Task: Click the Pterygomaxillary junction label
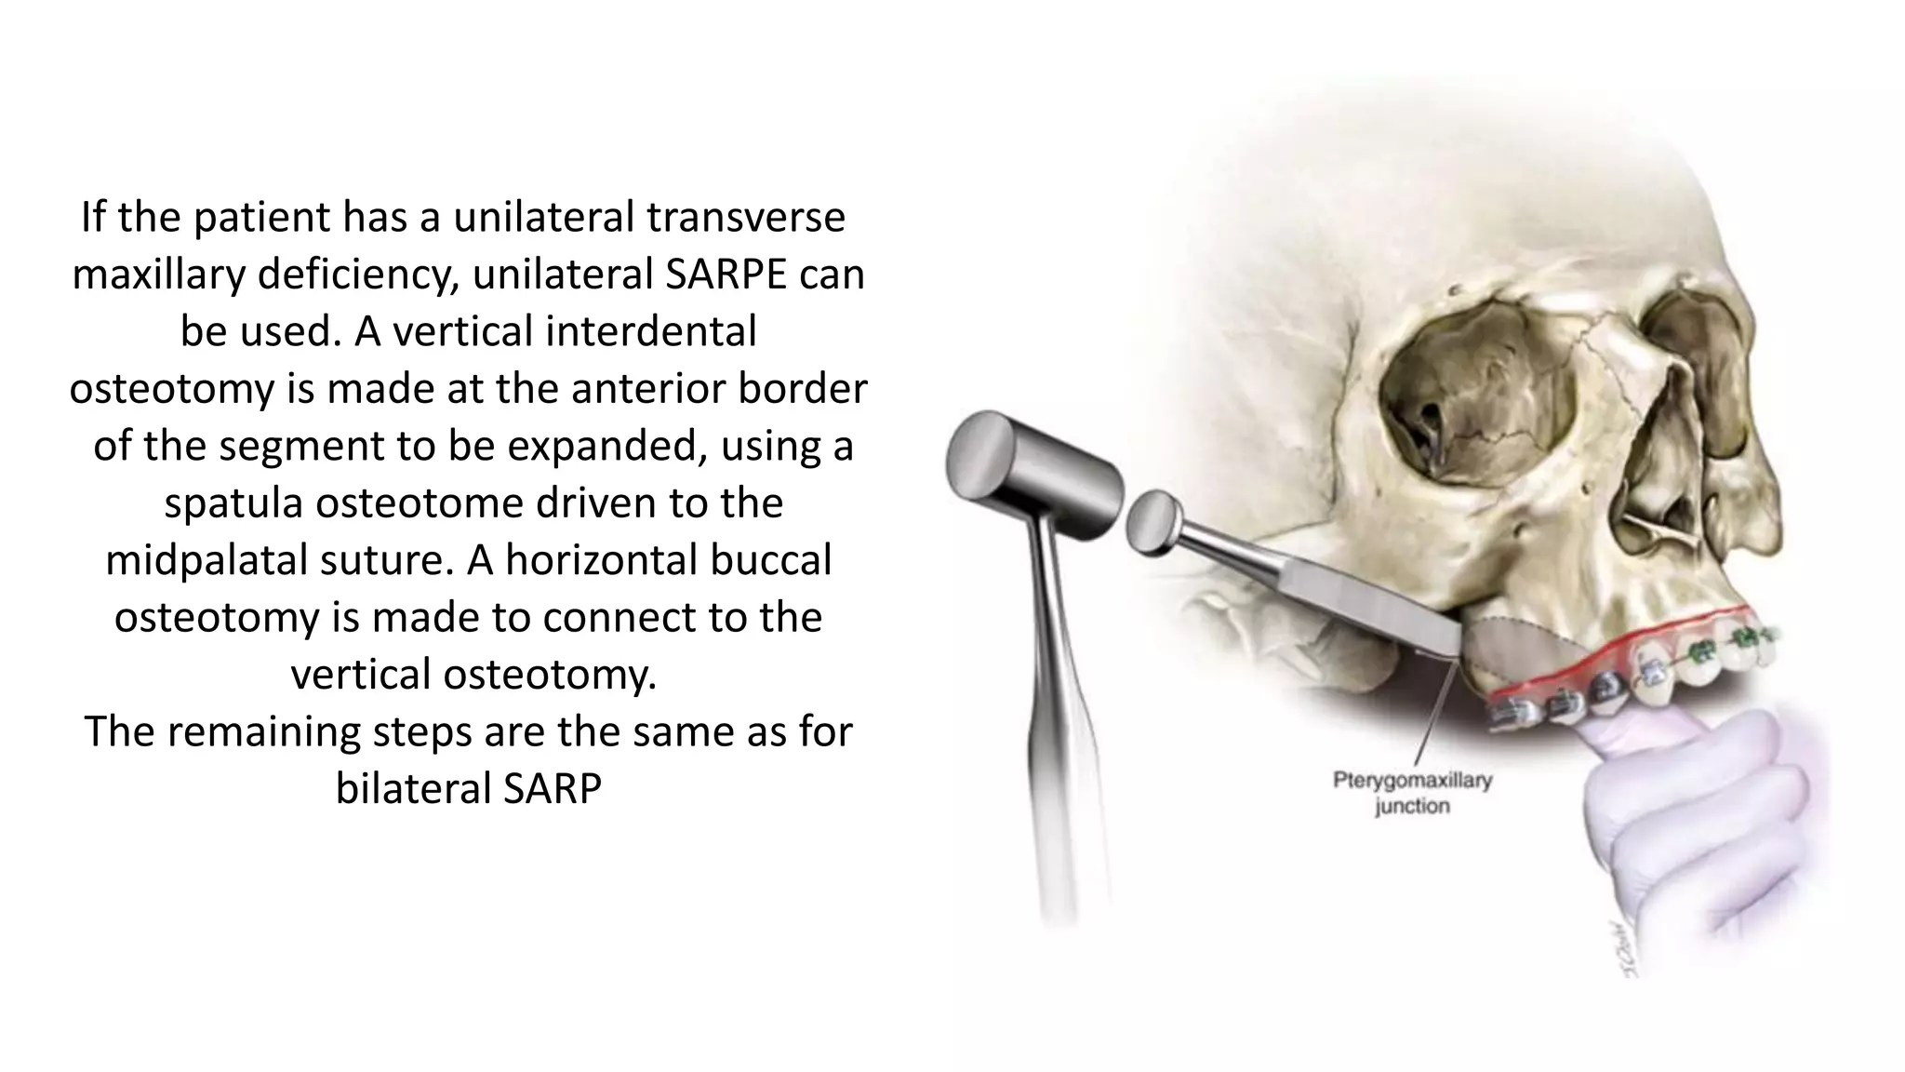coord(1412,793)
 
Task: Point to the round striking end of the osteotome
coord(1152,521)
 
